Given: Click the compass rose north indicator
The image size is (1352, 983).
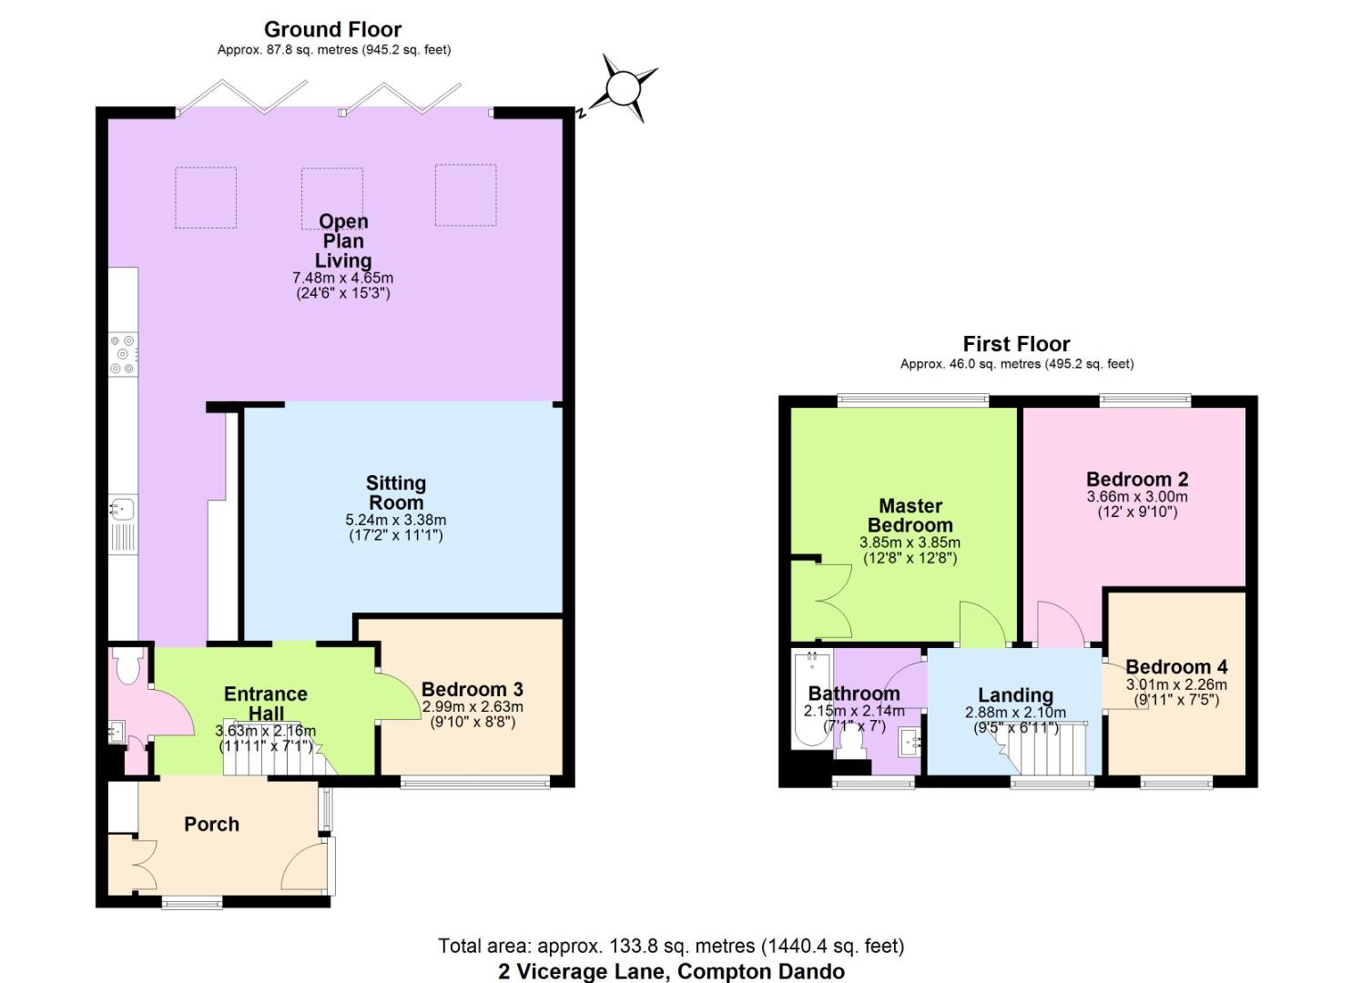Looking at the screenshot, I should click(x=624, y=89).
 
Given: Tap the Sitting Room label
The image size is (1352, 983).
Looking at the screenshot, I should click(x=396, y=492).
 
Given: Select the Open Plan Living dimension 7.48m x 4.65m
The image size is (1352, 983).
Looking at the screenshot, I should click(x=342, y=278).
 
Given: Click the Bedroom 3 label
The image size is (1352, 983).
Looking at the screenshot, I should click(x=472, y=689).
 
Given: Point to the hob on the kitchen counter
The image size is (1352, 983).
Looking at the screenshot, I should click(x=123, y=355).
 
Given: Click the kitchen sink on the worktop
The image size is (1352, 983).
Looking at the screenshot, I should click(x=122, y=508).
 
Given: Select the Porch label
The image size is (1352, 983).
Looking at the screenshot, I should click(x=211, y=824).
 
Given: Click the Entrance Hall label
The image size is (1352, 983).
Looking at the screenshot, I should click(x=265, y=704).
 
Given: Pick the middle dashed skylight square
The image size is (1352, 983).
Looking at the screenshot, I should click(x=332, y=197).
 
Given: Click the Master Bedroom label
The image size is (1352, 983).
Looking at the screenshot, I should click(x=910, y=515).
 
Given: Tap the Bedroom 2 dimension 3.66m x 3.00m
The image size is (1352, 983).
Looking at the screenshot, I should click(x=1137, y=497).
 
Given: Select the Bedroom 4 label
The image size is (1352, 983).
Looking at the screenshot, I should click(x=1175, y=666).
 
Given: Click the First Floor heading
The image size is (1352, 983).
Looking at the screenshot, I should click(x=1016, y=344).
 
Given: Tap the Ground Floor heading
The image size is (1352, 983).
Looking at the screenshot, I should click(x=332, y=29).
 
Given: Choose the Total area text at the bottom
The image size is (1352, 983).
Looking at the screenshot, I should click(x=671, y=947).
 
